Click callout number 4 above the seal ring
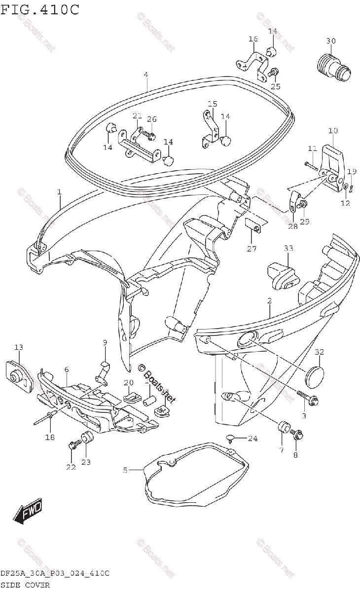[146, 74]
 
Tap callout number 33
[288, 248]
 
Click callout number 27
[252, 249]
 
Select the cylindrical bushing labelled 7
[284, 427]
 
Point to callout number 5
[125, 470]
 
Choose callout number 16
[253, 39]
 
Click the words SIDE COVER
[25, 585]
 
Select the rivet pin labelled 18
[44, 419]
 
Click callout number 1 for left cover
[59, 191]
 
